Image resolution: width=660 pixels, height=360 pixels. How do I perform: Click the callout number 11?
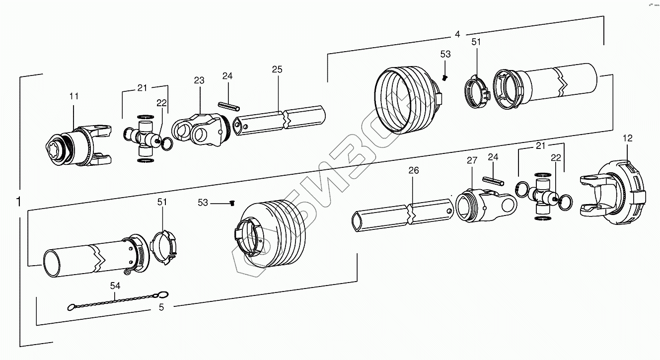73,96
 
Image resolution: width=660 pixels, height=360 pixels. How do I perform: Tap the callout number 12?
628,138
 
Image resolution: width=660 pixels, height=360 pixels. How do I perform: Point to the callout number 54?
115,286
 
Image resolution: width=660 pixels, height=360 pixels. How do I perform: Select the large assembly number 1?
19,202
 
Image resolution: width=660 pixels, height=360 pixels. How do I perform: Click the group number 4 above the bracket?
457,34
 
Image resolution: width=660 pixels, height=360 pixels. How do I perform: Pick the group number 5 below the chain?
161,307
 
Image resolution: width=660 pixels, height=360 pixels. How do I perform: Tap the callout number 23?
199,80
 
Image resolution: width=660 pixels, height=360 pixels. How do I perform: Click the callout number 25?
277,70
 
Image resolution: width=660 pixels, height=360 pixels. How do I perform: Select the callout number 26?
414,170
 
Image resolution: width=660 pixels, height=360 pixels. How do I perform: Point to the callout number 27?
471,160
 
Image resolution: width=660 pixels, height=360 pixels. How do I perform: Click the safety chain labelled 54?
117,300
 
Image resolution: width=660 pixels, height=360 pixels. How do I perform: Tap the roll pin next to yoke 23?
229,107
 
